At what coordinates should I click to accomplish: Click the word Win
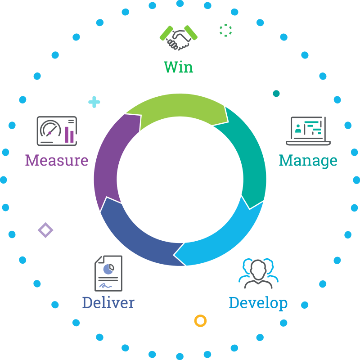click(179, 67)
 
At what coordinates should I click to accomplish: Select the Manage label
click(308, 160)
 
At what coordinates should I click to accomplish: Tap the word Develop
click(258, 302)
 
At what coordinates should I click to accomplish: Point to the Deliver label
click(108, 302)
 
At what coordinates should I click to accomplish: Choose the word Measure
click(57, 160)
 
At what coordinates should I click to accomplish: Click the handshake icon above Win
click(179, 38)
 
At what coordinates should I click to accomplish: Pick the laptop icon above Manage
click(308, 131)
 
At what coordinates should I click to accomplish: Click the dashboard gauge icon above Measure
click(57, 131)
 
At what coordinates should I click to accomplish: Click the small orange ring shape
click(200, 321)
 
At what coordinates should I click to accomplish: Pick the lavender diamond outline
click(45, 230)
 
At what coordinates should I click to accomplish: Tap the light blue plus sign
click(94, 102)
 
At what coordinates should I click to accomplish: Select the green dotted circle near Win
click(225, 30)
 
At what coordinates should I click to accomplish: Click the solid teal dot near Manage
click(276, 94)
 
